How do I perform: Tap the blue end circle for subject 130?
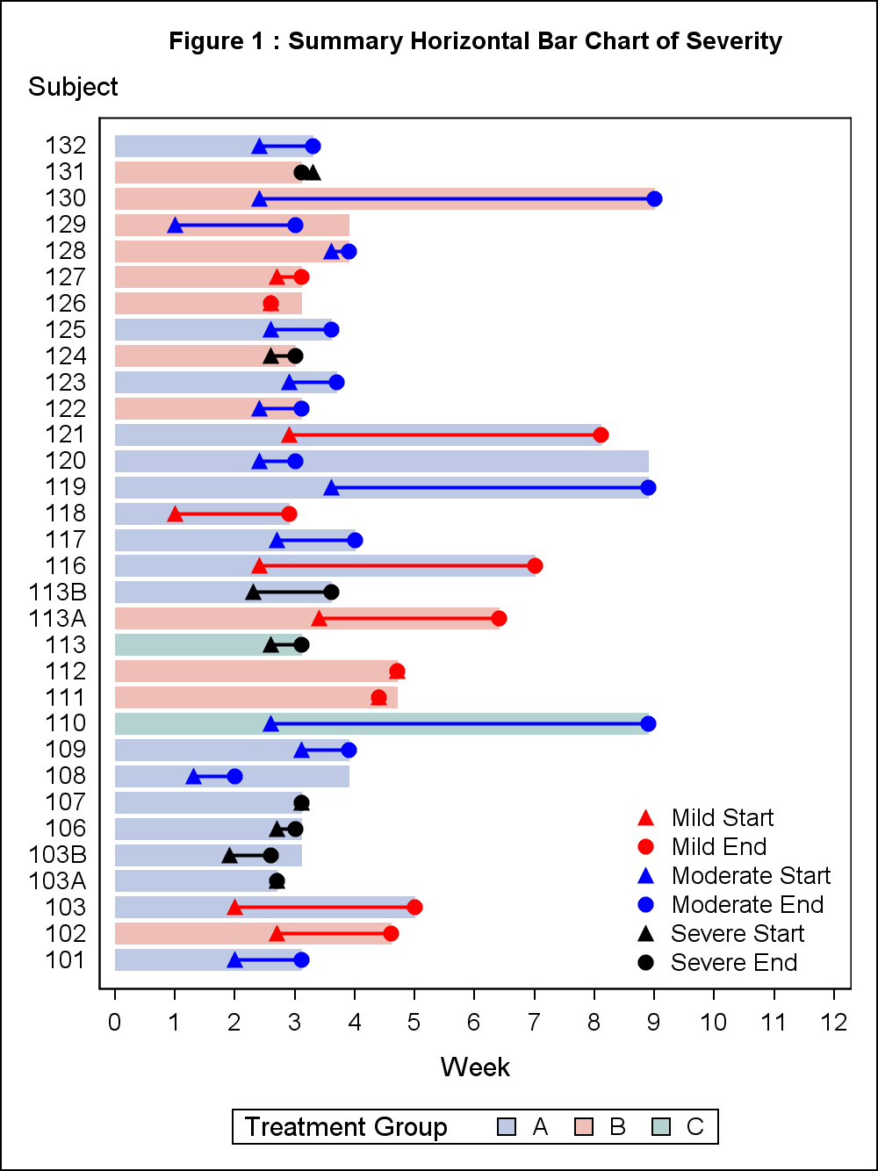(x=654, y=198)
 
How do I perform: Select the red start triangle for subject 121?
(x=289, y=435)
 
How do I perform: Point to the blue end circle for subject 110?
(x=648, y=723)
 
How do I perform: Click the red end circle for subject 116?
(x=535, y=565)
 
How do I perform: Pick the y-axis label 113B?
(x=58, y=593)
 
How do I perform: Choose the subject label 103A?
(x=58, y=881)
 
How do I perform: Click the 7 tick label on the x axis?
(x=534, y=1022)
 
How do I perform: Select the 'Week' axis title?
(x=475, y=1067)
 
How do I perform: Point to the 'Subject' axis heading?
(x=73, y=87)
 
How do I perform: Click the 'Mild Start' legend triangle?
(x=645, y=818)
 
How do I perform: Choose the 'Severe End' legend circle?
(x=645, y=963)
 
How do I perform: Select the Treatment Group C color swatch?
(x=662, y=1127)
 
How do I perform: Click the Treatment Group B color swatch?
(x=584, y=1127)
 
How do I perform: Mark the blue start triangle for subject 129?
(x=175, y=226)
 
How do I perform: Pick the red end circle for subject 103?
(x=414, y=907)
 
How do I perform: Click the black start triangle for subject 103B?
(x=229, y=855)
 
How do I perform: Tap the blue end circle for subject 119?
(x=648, y=487)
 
